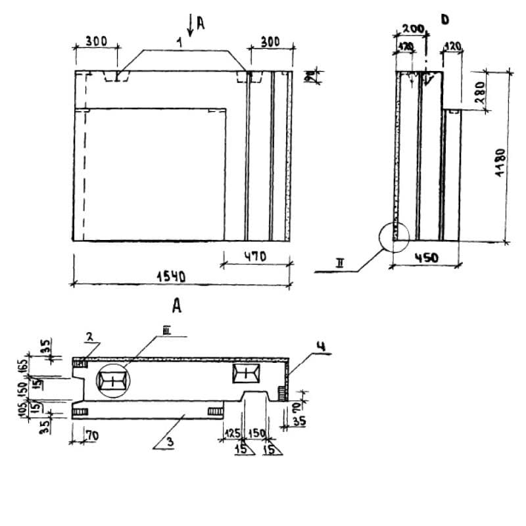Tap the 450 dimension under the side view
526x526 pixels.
coord(427,258)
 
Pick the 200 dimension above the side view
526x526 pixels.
coord(412,29)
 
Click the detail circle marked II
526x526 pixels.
coord(393,236)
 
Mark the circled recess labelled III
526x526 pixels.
coord(113,380)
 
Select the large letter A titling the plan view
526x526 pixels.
coord(176,306)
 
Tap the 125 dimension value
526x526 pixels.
coord(231,434)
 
